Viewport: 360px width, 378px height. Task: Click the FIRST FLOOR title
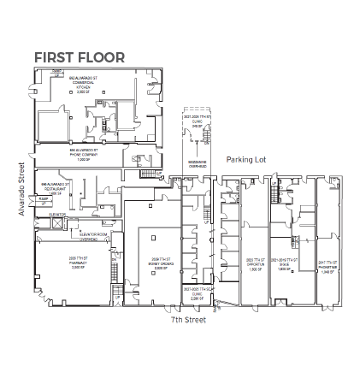80,58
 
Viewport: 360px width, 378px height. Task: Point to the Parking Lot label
246,159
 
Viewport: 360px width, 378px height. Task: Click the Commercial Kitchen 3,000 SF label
84,84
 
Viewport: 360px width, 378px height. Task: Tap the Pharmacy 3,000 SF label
77,261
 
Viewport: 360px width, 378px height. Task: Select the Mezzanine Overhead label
197,162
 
